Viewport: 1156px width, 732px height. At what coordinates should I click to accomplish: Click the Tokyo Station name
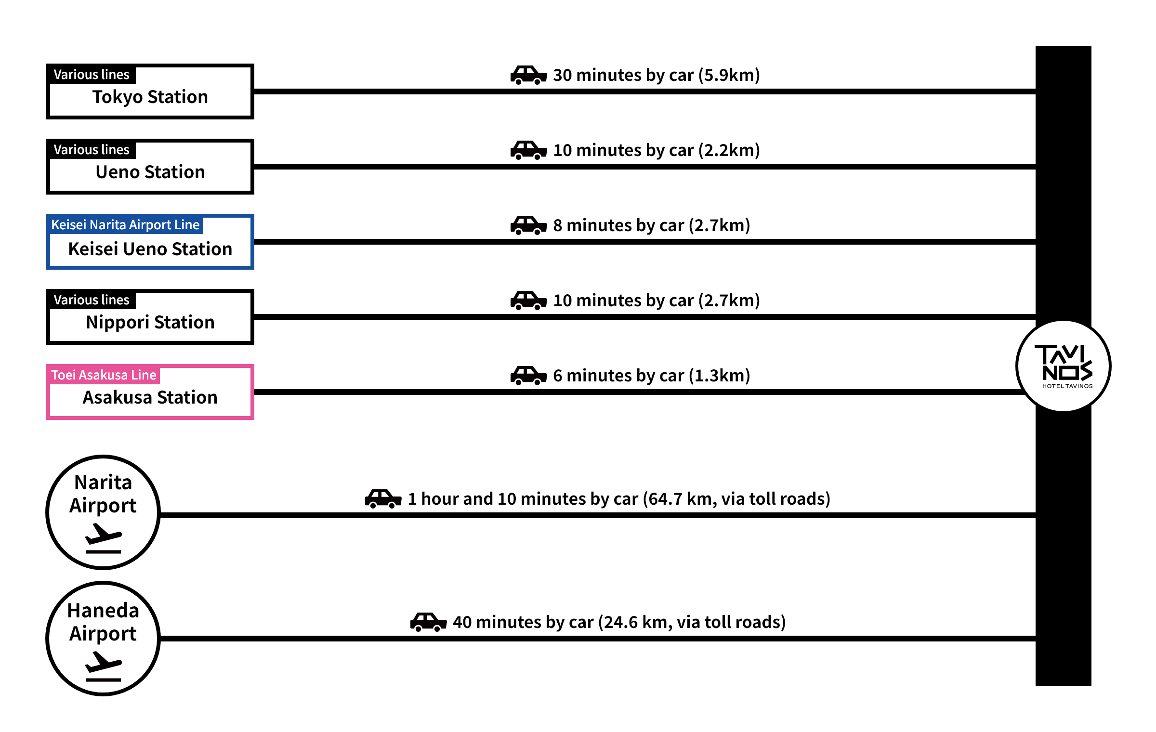[150, 97]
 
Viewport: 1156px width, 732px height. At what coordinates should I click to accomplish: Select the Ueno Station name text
[150, 172]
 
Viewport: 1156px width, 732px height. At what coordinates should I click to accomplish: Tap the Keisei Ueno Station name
[150, 249]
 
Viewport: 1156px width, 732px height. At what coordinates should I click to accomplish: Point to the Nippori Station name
[150, 322]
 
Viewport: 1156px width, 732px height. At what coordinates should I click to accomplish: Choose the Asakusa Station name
[150, 398]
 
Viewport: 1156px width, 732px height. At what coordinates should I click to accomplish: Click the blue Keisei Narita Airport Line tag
[125, 225]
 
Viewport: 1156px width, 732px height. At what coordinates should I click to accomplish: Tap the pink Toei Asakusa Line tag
[104, 375]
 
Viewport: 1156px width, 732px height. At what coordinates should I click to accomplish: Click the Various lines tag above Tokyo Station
[92, 75]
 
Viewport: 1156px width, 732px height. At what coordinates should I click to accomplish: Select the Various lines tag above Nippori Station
[92, 300]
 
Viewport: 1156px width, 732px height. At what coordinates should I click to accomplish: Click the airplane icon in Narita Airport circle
[103, 537]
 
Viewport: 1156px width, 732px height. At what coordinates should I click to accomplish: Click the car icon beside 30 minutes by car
[528, 76]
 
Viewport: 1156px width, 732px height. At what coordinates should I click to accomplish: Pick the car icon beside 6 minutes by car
[528, 376]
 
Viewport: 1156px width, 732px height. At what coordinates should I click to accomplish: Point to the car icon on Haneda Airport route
[428, 622]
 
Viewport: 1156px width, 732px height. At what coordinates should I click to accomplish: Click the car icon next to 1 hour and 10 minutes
[383, 499]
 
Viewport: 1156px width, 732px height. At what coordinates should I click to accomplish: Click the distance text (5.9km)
[729, 76]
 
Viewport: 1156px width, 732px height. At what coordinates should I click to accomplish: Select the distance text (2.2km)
[729, 151]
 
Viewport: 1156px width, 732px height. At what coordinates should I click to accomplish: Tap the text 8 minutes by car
[618, 226]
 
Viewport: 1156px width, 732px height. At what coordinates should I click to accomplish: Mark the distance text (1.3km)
[719, 376]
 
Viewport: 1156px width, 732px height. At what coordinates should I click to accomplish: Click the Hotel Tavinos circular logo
[1064, 366]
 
